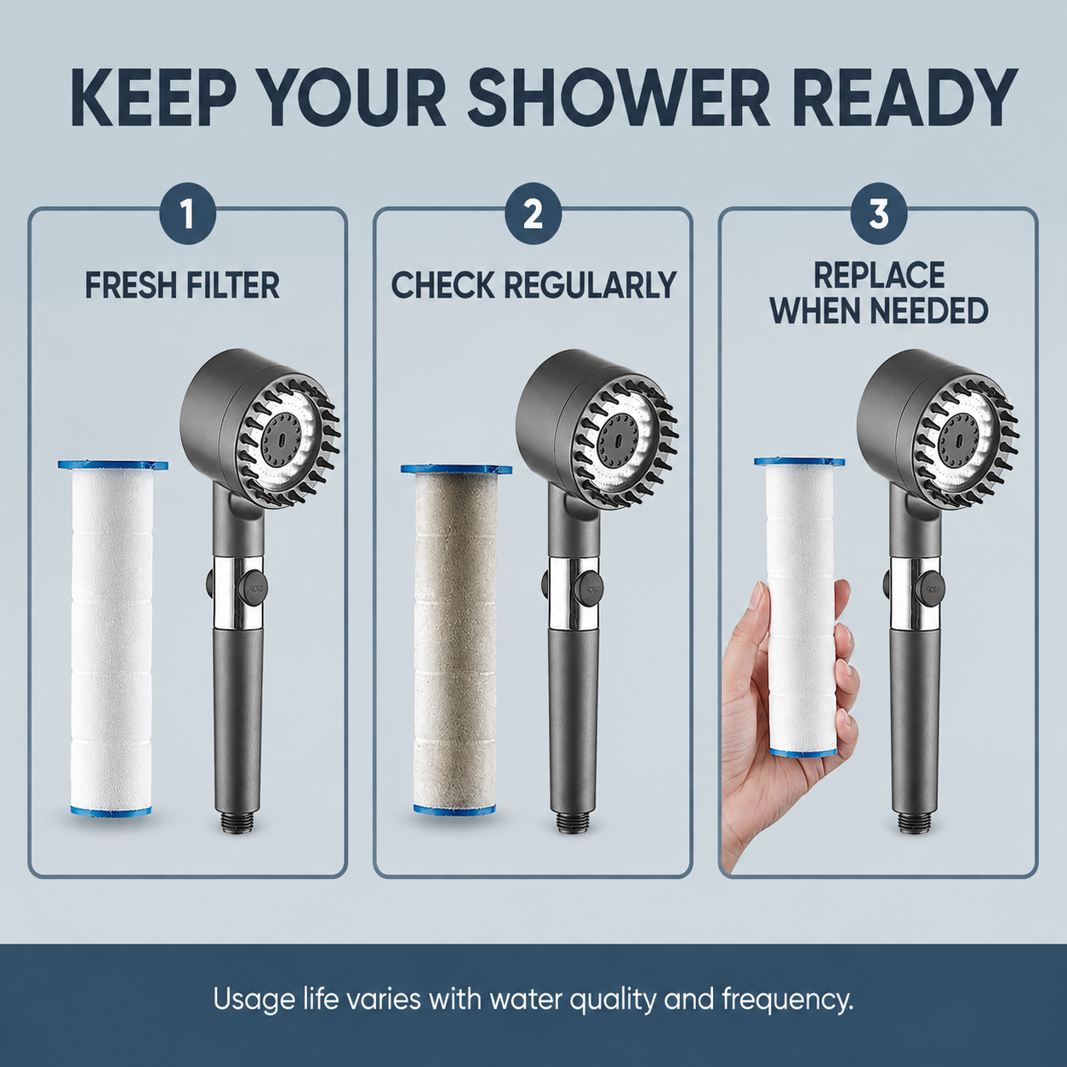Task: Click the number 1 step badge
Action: (187, 214)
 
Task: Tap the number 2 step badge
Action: (533, 214)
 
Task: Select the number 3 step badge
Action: (878, 214)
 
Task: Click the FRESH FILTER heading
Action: (182, 285)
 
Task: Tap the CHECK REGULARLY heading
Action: (533, 285)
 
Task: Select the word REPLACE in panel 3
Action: (879, 275)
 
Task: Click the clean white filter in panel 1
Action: (111, 638)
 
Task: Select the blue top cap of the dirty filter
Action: (456, 470)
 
